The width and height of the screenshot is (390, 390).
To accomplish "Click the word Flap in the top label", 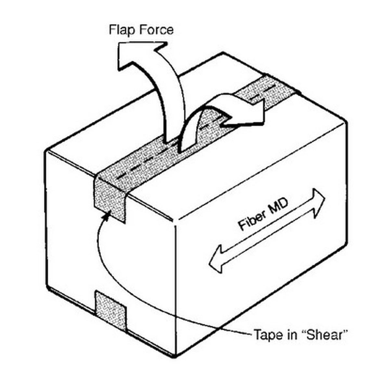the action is pos(122,30).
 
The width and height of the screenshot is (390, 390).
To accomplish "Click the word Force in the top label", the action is pos(156,30).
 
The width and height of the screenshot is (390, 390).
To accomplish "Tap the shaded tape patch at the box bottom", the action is pos(111,314).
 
